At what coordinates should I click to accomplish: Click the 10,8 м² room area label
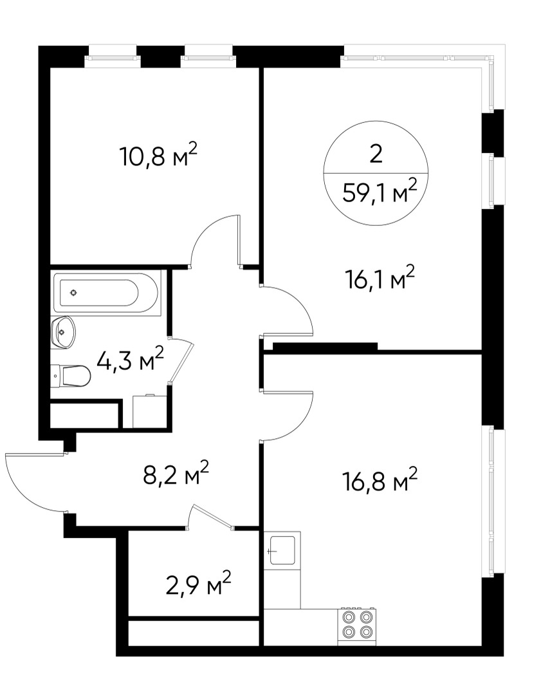pos(158,156)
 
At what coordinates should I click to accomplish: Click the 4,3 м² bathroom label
pos(129,360)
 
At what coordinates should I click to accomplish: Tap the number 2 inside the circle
pos(376,154)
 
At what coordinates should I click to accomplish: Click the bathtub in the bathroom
pos(106,293)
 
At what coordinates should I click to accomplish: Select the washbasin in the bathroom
pos(62,332)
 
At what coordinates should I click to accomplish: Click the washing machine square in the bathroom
pos(149,411)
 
